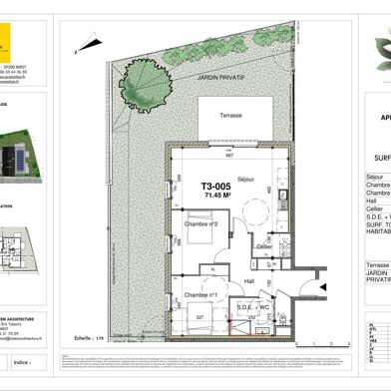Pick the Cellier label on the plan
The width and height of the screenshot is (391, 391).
coord(263,246)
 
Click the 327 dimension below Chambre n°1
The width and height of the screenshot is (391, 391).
coord(199,318)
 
